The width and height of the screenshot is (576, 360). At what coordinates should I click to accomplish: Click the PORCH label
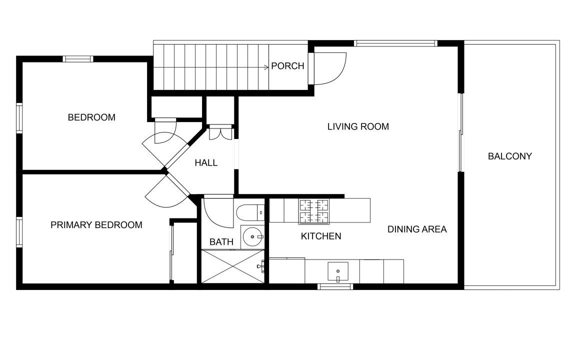point(287,66)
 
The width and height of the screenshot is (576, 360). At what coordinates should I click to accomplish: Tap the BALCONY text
point(509,156)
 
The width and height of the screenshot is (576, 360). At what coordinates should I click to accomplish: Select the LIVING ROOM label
point(358,126)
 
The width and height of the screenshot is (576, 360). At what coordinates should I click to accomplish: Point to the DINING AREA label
point(417,229)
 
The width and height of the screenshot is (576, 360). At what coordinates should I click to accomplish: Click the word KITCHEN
point(321,236)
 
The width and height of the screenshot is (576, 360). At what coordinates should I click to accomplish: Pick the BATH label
point(221,242)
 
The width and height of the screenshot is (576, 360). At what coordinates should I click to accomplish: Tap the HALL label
point(206,162)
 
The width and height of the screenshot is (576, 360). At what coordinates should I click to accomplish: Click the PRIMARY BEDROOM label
point(96,225)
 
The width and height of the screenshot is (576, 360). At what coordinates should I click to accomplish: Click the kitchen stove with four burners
point(314,211)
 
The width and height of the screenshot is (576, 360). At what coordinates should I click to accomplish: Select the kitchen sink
point(338,271)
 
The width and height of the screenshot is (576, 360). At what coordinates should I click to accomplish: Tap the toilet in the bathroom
point(250,212)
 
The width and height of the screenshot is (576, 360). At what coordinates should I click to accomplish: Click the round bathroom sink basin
point(252,237)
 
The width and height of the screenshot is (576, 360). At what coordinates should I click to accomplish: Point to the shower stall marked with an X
point(233,266)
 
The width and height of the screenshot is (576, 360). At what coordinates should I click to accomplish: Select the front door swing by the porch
point(329,68)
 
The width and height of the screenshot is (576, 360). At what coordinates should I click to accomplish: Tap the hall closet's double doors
point(221,133)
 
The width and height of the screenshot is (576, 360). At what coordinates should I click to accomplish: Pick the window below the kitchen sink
point(335,286)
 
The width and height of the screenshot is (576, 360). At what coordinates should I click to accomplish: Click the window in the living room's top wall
point(395,43)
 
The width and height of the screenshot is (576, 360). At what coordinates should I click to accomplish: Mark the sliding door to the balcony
point(460,132)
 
